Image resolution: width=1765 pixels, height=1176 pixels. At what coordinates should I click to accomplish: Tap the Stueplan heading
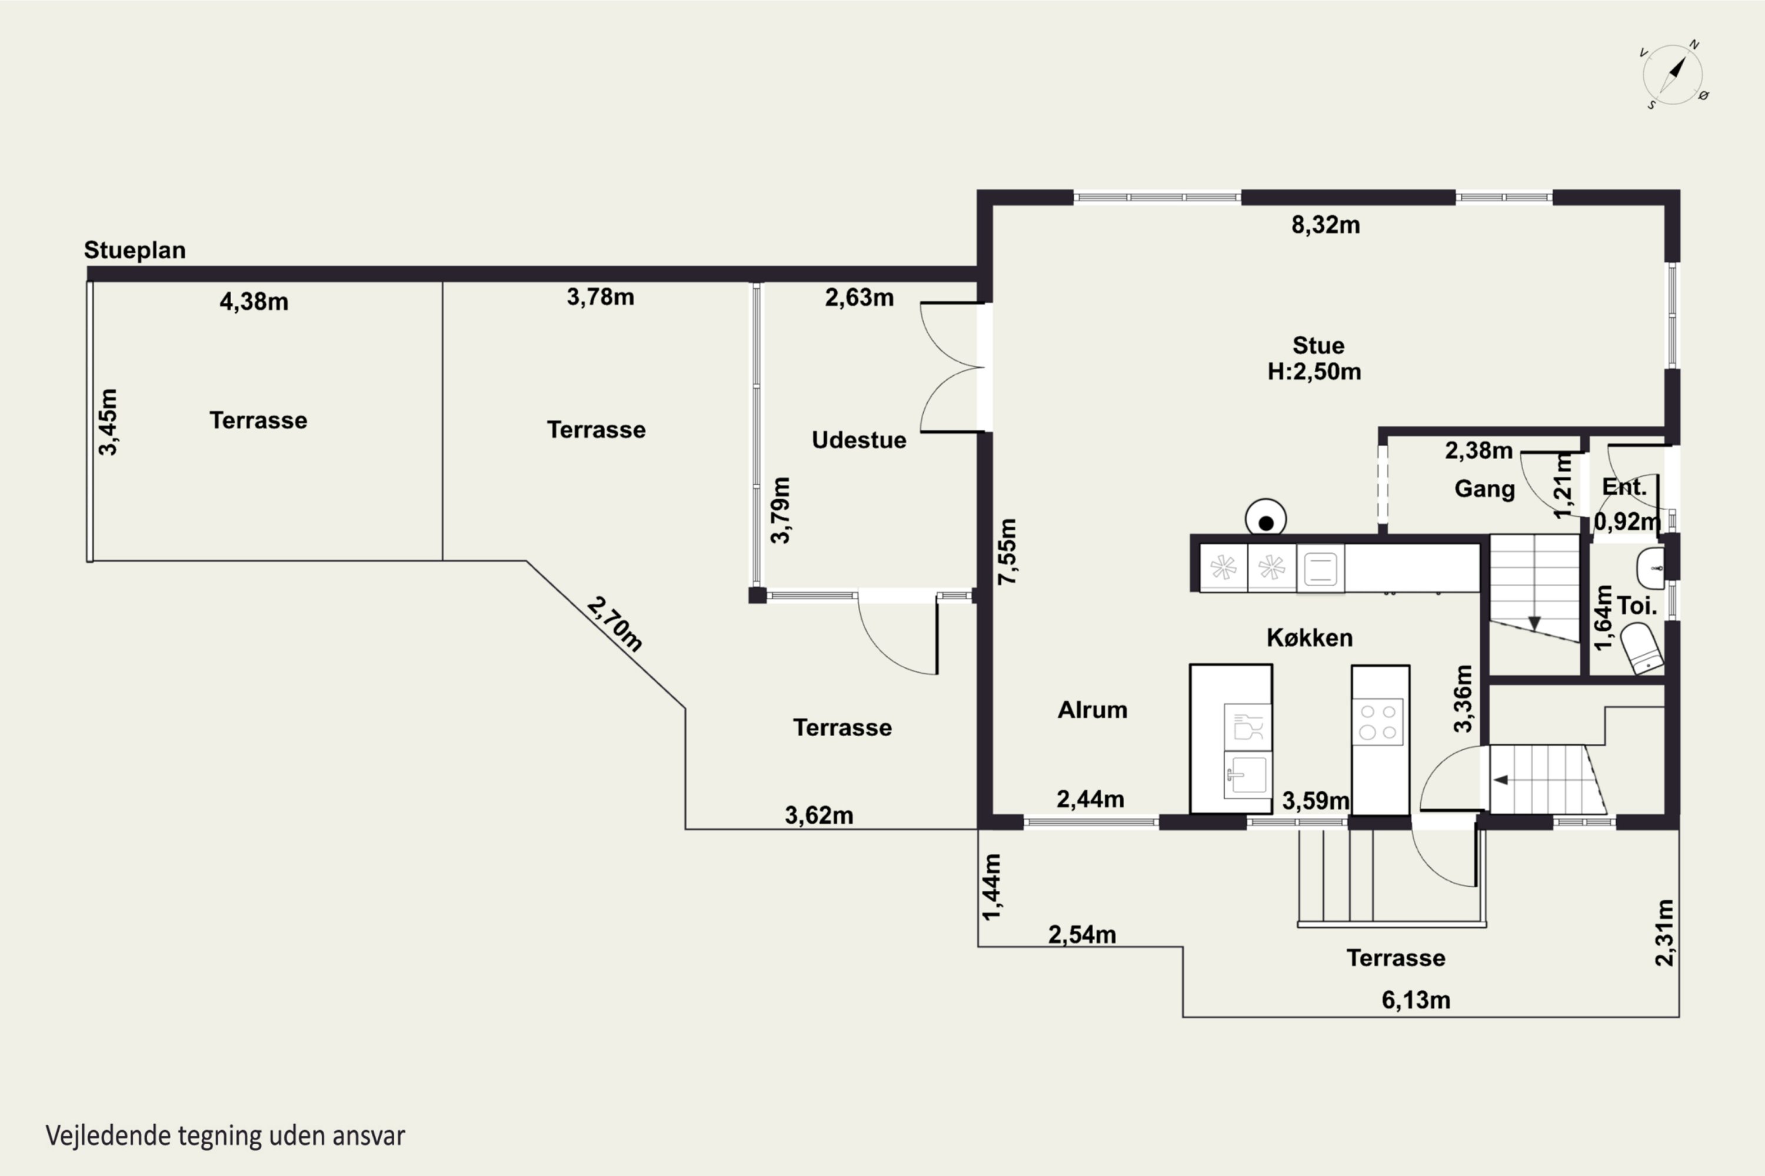tap(134, 250)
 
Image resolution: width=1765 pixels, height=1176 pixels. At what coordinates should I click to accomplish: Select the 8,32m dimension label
tap(1326, 225)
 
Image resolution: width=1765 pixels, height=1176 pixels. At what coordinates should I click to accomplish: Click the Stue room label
tap(1318, 345)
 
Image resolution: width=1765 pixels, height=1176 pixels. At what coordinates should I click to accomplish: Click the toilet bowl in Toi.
tap(1643, 649)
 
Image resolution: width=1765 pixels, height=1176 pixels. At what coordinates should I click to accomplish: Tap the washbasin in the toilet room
tap(1650, 568)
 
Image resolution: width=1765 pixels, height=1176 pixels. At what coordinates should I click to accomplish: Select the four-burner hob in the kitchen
tap(1378, 721)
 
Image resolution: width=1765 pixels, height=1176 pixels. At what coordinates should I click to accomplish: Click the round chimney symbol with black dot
tap(1266, 519)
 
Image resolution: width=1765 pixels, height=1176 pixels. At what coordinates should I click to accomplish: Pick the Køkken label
tap(1310, 637)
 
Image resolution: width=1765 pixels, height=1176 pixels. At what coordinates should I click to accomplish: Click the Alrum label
tap(1092, 710)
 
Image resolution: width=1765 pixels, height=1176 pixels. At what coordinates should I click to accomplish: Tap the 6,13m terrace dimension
tap(1416, 1000)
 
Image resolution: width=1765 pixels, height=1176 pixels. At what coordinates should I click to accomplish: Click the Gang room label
tap(1484, 489)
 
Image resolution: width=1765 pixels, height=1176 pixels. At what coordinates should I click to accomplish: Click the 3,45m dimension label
tap(108, 422)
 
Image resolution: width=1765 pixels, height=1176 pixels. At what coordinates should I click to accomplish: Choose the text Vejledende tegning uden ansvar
tap(225, 1135)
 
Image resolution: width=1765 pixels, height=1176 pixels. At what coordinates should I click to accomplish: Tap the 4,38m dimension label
tap(254, 302)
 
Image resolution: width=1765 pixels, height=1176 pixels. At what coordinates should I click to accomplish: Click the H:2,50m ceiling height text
tap(1314, 371)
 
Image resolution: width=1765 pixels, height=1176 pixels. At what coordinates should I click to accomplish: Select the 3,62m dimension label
tap(819, 815)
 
